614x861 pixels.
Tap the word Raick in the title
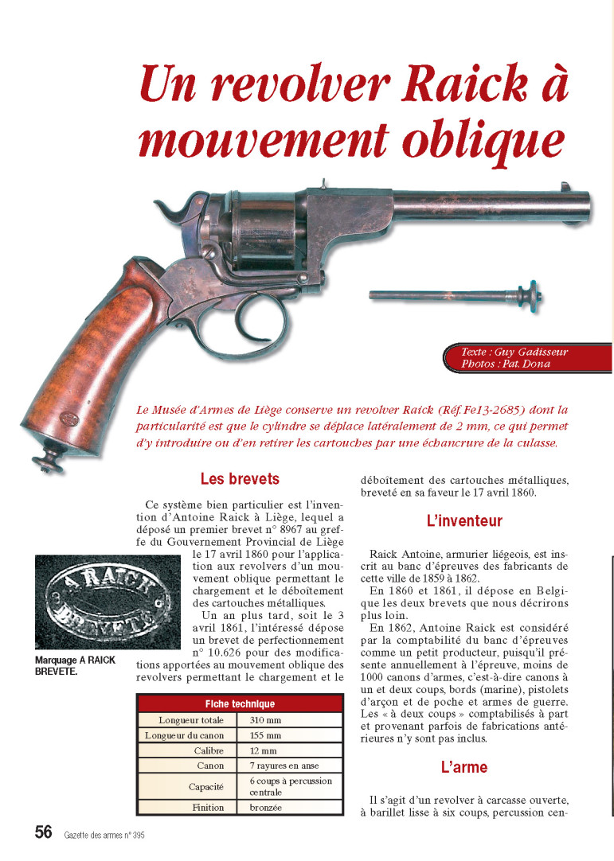[442, 83]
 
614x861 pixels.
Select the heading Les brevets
[240, 480]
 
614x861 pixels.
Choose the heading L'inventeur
[464, 522]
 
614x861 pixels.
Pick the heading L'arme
[464, 768]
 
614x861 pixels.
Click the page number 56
[44, 832]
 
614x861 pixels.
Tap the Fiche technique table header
[240, 703]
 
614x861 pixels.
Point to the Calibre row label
[210, 750]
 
